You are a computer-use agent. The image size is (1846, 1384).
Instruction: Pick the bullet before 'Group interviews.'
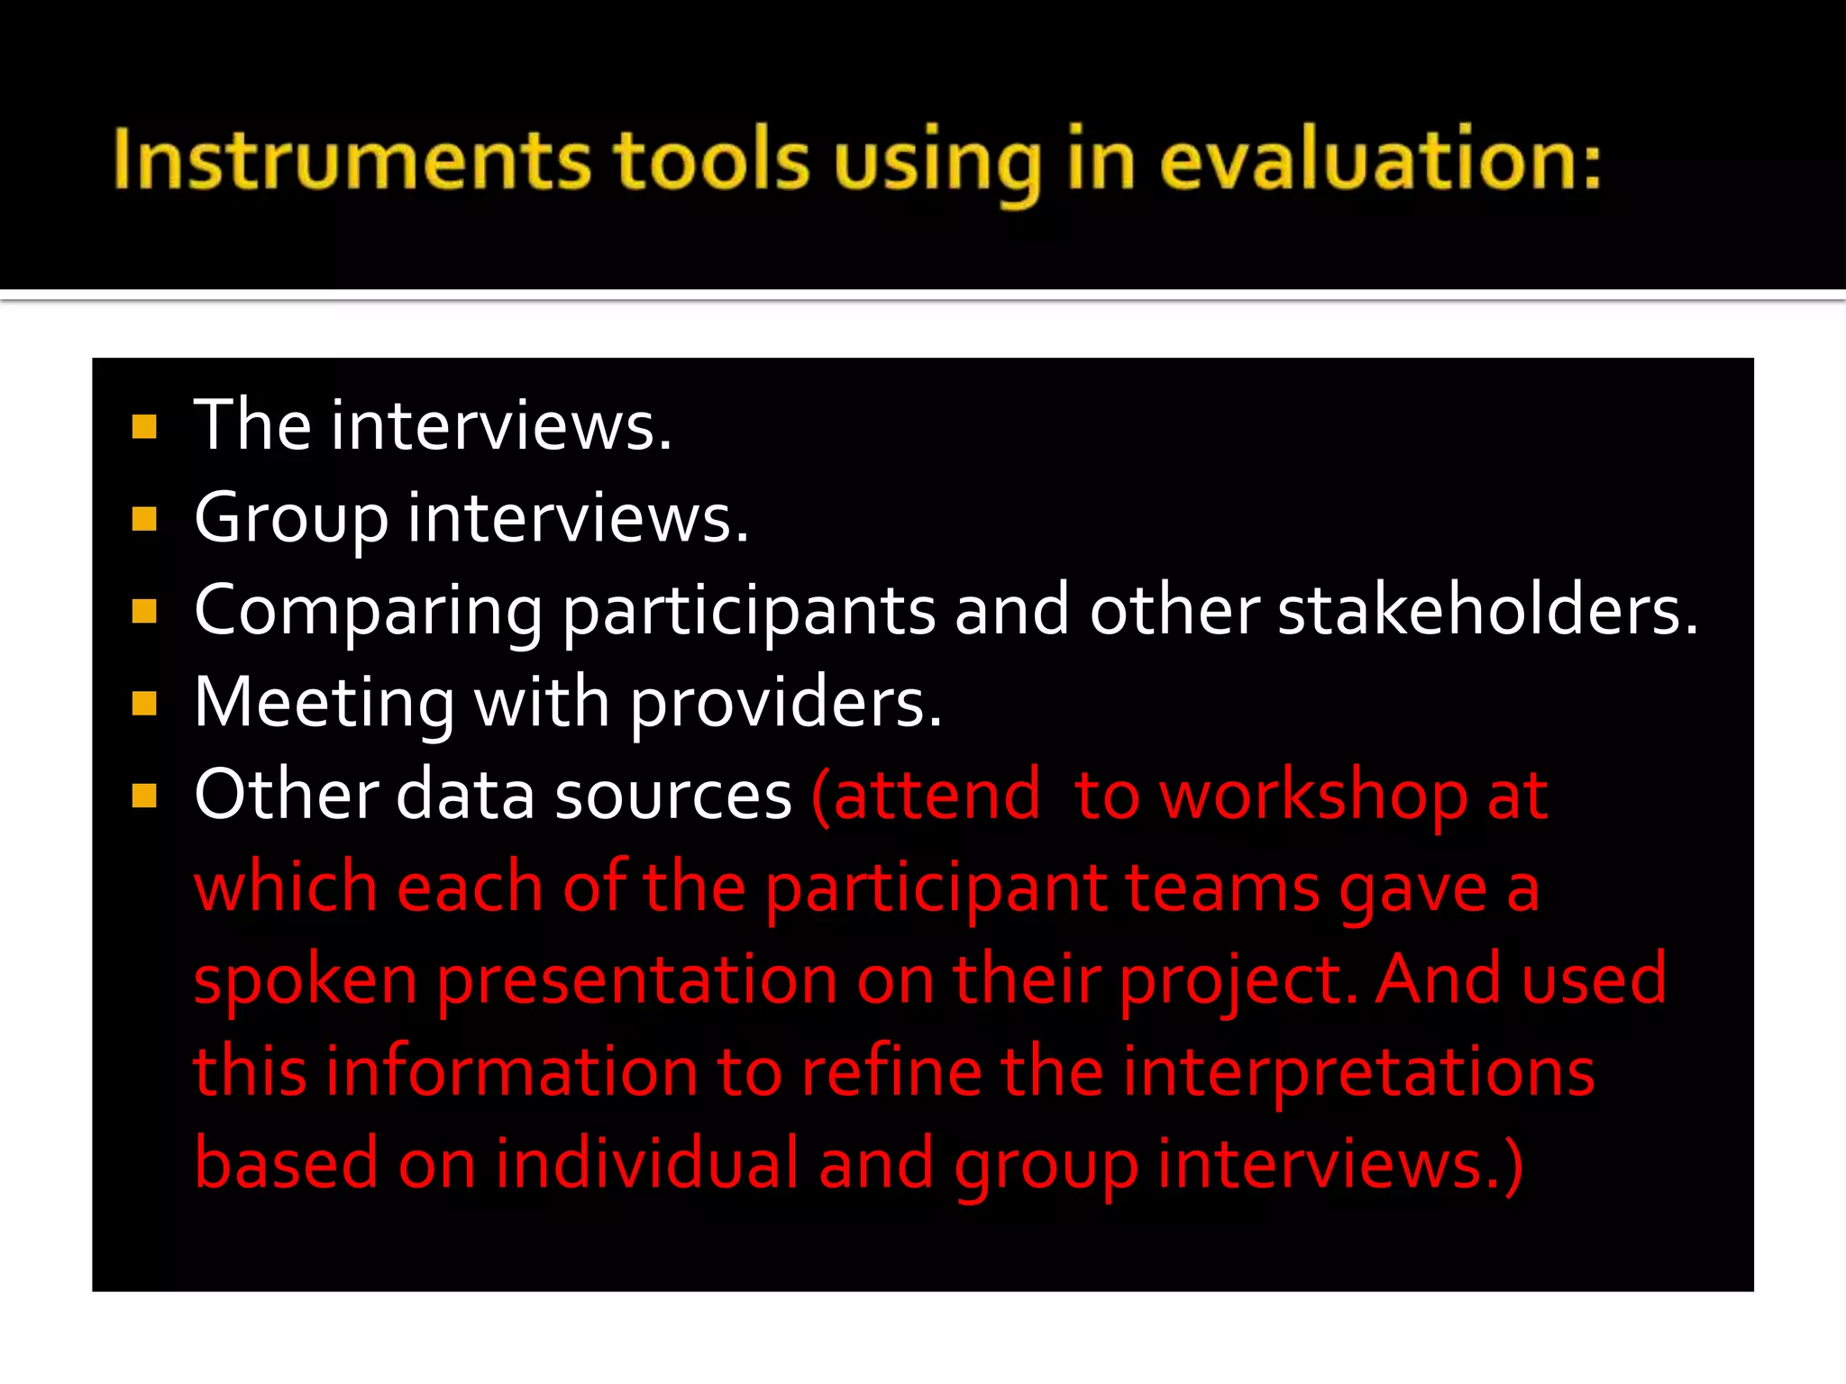[x=144, y=519]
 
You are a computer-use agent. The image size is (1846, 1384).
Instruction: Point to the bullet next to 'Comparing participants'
[x=144, y=612]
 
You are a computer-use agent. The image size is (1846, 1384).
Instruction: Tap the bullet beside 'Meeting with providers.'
[x=144, y=704]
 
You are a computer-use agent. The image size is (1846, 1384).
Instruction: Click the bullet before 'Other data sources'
[x=144, y=796]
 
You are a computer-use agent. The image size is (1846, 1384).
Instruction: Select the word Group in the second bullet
[x=290, y=520]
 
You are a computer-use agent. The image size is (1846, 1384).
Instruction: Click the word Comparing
[x=368, y=613]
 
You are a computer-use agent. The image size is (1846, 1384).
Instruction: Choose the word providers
[x=785, y=705]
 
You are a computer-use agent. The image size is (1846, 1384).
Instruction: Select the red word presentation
[x=637, y=981]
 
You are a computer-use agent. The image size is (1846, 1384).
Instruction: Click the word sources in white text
[x=672, y=797]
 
